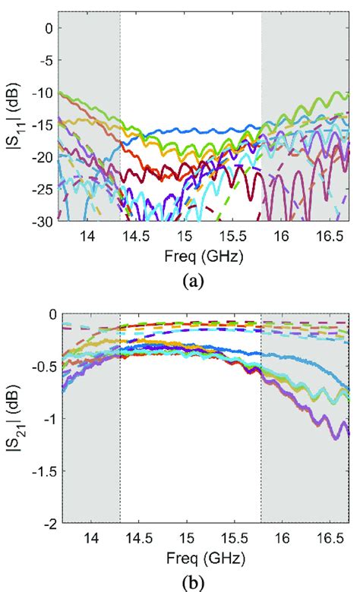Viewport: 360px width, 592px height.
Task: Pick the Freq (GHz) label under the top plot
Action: (x=206, y=256)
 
